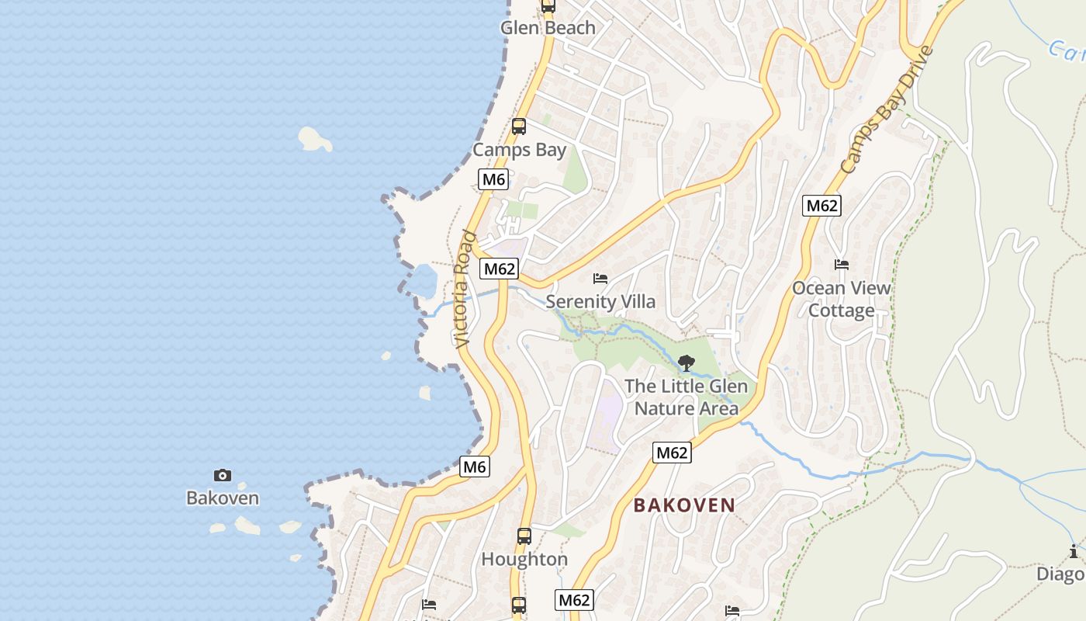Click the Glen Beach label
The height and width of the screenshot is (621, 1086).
(x=548, y=28)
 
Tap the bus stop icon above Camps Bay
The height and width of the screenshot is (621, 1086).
(x=519, y=127)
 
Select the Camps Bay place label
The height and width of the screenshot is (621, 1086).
(x=519, y=150)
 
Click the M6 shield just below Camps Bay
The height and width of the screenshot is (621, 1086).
(x=493, y=180)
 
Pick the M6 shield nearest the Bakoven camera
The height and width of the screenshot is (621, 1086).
(x=475, y=467)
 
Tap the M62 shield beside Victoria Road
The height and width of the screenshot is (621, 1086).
(x=499, y=269)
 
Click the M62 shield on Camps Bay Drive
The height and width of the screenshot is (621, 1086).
(x=821, y=206)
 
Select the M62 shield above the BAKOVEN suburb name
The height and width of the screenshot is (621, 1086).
(x=672, y=453)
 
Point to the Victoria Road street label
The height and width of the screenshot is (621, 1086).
(x=464, y=289)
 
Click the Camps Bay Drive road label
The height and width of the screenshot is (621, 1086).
(x=886, y=110)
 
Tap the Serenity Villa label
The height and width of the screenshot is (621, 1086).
(x=600, y=301)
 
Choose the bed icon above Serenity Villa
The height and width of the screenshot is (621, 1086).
(x=600, y=278)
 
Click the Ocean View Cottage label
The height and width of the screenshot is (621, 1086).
(x=842, y=299)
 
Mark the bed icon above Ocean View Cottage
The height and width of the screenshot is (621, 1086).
(x=842, y=265)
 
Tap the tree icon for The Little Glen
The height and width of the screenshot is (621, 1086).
(x=687, y=363)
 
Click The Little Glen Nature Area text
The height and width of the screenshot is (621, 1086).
(x=687, y=397)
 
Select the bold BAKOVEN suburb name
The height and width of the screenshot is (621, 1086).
(x=684, y=505)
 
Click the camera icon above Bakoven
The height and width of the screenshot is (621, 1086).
(x=223, y=475)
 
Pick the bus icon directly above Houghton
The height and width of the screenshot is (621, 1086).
(x=524, y=536)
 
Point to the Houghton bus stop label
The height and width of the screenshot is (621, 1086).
(x=524, y=559)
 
